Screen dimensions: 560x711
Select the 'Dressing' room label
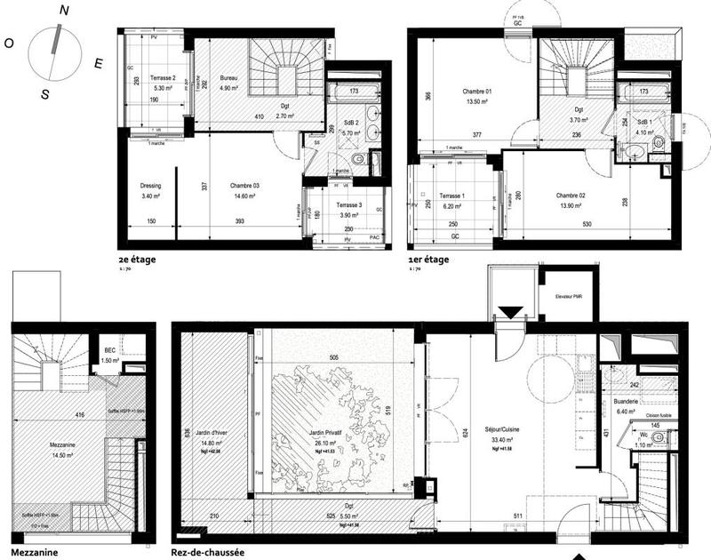click(x=150, y=185)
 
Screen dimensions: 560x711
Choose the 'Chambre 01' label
click(x=476, y=92)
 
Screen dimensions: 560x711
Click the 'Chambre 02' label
click(x=571, y=196)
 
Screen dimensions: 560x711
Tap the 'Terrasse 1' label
click(x=453, y=196)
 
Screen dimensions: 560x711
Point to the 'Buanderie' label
click(x=626, y=402)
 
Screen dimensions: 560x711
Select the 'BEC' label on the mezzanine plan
click(x=110, y=351)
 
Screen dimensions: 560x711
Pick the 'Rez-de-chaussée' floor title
click(x=207, y=551)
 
